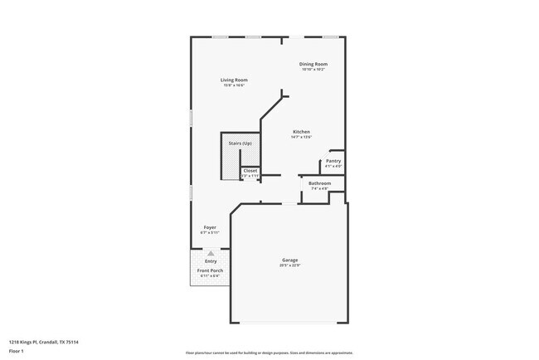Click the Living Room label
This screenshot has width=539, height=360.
coord(234,80)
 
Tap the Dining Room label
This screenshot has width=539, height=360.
coord(313,64)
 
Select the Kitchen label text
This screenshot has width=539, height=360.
coord(301,132)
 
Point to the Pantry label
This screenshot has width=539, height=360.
coord(333,161)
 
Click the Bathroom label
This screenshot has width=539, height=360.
coord(319,183)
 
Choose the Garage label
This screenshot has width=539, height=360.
coord(289,260)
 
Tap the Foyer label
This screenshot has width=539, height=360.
coord(210,226)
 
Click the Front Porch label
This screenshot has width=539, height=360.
coord(209,270)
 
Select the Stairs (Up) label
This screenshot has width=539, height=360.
coord(240,144)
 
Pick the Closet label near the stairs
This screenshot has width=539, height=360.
coord(250,171)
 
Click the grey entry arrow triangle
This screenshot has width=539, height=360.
coord(211,253)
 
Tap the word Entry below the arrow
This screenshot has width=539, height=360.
coord(211,261)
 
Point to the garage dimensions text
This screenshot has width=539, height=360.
coord(289,265)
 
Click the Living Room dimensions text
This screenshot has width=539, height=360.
coord(234,85)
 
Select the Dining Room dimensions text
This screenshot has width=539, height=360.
coord(313,70)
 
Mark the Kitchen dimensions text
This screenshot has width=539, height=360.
coord(301,138)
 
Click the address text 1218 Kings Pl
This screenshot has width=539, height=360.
coord(43,342)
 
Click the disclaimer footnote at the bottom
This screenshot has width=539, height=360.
coord(269,353)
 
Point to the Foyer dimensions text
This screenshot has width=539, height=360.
coord(210,232)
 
